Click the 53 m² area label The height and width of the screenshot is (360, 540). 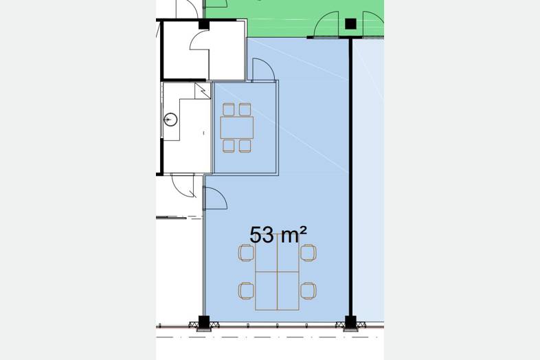(x=278, y=235)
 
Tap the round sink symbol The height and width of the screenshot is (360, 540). (x=170, y=120)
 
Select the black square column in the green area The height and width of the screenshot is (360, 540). (x=350, y=24)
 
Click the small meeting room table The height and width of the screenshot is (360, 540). (x=237, y=128)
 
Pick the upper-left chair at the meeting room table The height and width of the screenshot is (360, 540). (x=229, y=109)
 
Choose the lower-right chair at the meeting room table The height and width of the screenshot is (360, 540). (x=245, y=146)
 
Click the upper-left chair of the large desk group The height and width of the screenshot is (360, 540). (x=246, y=253)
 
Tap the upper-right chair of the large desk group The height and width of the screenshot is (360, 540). (x=308, y=253)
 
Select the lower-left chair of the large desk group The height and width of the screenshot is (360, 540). (x=246, y=291)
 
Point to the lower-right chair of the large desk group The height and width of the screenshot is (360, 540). (x=308, y=291)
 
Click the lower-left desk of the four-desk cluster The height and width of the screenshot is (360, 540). (x=266, y=291)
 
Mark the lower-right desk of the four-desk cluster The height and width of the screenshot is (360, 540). (x=289, y=291)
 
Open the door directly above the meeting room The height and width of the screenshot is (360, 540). (x=263, y=70)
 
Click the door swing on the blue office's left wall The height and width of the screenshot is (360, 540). (x=215, y=198)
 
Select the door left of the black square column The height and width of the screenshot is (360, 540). (x=326, y=24)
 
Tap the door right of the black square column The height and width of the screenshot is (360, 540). (x=373, y=24)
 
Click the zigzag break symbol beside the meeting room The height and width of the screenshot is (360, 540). (x=203, y=91)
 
